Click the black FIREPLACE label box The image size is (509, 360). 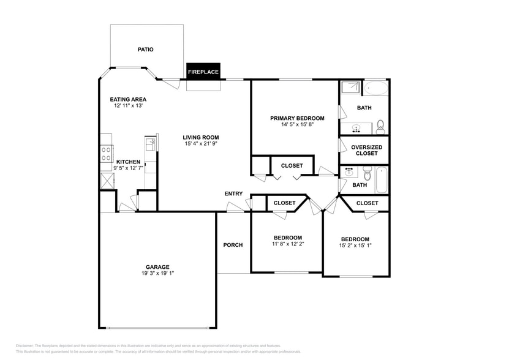[x=203, y=72]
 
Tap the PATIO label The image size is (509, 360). [x=145, y=50]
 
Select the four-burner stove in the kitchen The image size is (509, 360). [x=106, y=153]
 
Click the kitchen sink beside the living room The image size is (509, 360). [x=150, y=144]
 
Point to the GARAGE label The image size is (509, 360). [x=157, y=267]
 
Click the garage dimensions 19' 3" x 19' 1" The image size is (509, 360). [x=157, y=274]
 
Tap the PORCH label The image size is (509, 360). [x=233, y=245]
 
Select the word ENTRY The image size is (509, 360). [x=233, y=194]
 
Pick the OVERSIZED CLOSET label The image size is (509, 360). [x=368, y=150]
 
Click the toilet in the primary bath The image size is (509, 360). [x=380, y=127]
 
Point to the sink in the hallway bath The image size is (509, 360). [x=348, y=172]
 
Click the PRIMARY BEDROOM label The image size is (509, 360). [x=297, y=118]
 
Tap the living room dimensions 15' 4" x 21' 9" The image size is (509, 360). [x=202, y=144]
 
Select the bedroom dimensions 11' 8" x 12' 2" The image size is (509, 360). [x=287, y=244]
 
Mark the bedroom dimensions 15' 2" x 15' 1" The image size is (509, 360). [x=355, y=246]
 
